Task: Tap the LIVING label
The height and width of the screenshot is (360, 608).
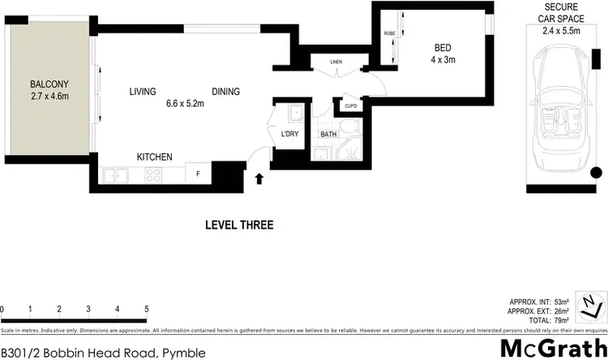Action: point(142,92)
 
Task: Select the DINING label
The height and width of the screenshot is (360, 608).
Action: point(225,92)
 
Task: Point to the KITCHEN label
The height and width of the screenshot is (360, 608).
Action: point(154,156)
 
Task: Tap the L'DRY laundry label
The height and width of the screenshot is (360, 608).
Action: point(289,134)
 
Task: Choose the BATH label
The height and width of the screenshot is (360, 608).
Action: point(328,135)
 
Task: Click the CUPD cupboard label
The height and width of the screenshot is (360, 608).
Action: point(350,105)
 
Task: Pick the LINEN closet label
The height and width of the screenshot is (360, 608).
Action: point(336,62)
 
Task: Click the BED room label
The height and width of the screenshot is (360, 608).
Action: point(443,48)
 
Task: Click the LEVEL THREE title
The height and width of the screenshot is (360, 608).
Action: point(239,225)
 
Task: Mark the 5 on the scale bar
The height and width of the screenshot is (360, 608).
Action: point(146,309)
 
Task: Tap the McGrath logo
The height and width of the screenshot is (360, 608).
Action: point(551,348)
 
